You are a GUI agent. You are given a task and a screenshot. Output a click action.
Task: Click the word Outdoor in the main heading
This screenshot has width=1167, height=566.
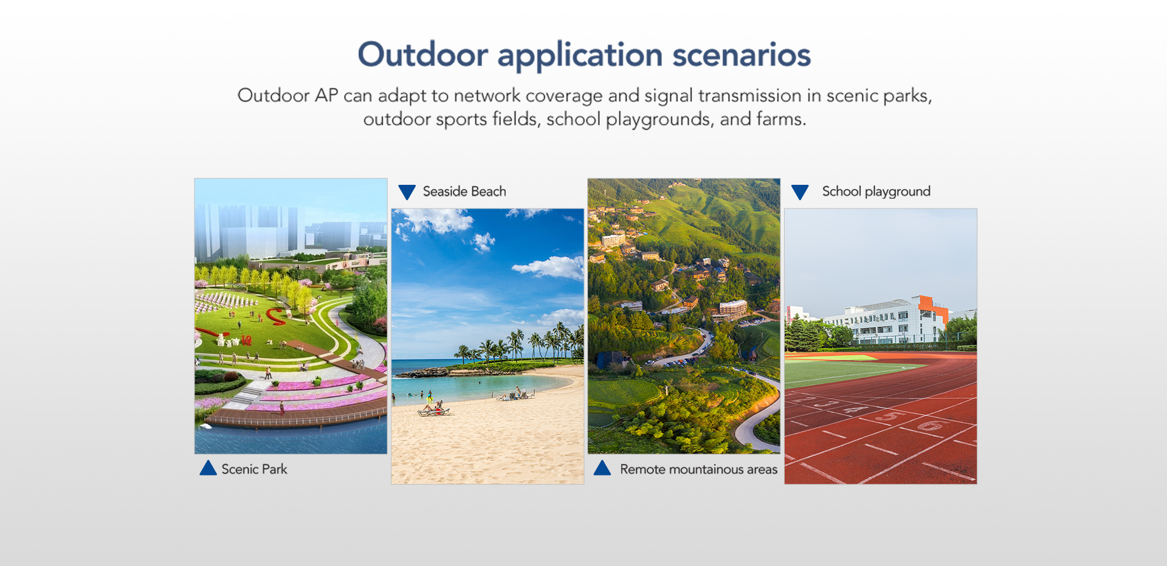pos(422,54)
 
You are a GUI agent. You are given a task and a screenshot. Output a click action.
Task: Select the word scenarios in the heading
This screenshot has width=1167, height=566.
pos(742,54)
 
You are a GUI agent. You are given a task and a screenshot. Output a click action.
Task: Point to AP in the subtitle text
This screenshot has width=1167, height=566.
pos(326,95)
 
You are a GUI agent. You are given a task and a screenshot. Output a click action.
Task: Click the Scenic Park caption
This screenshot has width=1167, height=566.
pos(254,469)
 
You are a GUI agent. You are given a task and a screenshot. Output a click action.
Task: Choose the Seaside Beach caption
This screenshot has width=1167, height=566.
pos(464,192)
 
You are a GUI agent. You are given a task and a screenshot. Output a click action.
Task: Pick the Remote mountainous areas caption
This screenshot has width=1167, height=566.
pos(698,469)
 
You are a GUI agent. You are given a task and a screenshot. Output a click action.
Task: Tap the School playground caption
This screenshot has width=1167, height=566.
pos(876,192)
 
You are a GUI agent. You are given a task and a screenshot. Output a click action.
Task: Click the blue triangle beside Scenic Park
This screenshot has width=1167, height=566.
pos(208,468)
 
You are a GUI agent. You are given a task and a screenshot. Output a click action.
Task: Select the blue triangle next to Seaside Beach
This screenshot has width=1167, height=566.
pos(407,192)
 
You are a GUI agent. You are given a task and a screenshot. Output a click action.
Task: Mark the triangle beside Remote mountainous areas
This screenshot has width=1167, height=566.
pos(602,468)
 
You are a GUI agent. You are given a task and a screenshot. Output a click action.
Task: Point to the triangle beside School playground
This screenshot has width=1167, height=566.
pos(800,192)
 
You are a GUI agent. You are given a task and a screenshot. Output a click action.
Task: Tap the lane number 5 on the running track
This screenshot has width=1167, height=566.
pos(889,416)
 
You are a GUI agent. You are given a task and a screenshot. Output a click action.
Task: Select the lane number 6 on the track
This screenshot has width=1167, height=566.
pos(930,426)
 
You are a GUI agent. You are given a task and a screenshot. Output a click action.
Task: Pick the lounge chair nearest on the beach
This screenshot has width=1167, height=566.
pos(433,412)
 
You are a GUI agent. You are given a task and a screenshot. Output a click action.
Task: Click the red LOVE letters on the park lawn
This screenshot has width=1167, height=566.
pos(246,340)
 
